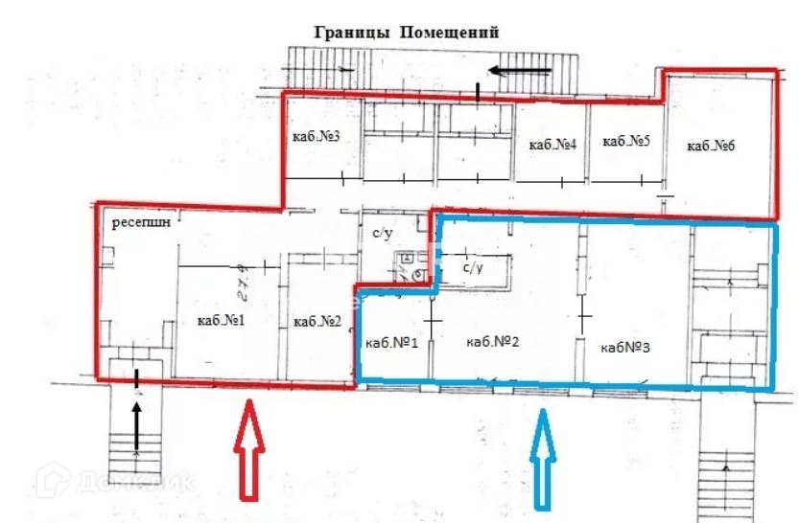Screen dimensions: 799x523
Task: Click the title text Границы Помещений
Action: tap(407, 32)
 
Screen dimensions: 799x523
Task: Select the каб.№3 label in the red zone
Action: tap(317, 137)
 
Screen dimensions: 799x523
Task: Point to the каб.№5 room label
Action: tap(626, 142)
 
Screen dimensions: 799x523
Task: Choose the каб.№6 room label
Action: tap(711, 146)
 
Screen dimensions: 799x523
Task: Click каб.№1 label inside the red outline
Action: tap(222, 321)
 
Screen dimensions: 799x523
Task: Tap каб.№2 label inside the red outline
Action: tap(318, 321)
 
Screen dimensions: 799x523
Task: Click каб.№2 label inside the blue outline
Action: tap(491, 341)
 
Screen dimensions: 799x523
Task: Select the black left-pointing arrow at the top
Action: tap(519, 69)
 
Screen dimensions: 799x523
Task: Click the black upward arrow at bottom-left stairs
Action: tap(137, 424)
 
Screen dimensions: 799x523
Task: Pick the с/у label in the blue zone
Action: tap(472, 269)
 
